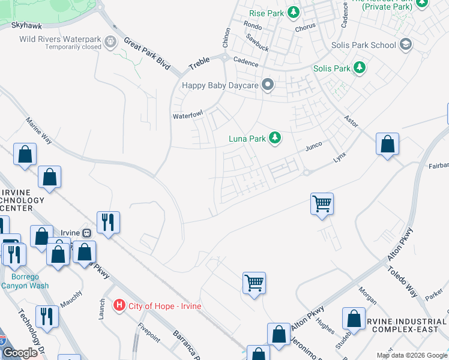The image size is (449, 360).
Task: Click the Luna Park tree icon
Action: click(275, 139)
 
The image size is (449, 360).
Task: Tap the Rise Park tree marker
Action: click(293, 12)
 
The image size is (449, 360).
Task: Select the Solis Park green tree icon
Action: click(360, 68)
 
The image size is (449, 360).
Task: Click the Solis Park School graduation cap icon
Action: click(406, 44)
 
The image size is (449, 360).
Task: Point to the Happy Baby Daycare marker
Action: click(268, 85)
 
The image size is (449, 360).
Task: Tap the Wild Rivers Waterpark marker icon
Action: click(110, 42)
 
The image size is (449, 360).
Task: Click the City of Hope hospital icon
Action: click(119, 305)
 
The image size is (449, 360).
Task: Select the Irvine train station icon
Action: click(87, 233)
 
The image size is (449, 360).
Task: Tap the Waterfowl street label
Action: click(188, 114)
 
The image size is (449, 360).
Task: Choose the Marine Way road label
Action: click(39, 130)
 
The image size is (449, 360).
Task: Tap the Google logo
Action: click(20, 352)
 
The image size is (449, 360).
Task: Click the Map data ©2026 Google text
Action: click(411, 355)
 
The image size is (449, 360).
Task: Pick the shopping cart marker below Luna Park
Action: click(322, 203)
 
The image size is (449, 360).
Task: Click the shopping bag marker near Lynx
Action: click(388, 144)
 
